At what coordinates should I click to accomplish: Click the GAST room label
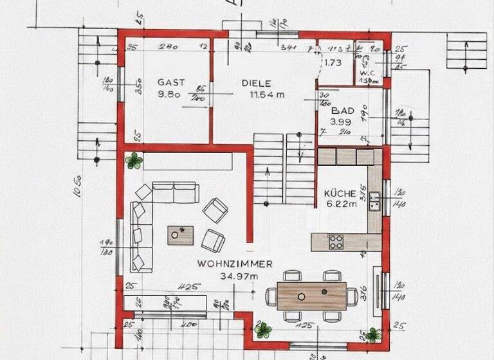(x=171, y=82)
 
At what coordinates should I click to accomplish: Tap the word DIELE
(x=257, y=83)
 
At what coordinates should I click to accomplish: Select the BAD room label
(x=339, y=111)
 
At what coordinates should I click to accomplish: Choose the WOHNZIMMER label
(x=235, y=264)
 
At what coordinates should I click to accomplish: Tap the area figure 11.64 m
(x=267, y=94)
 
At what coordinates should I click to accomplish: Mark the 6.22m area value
(x=341, y=204)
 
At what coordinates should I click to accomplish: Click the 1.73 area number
(x=333, y=63)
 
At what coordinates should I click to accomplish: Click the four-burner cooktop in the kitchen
(x=336, y=242)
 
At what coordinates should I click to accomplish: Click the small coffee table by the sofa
(x=181, y=235)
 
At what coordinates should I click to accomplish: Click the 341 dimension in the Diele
(x=288, y=47)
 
